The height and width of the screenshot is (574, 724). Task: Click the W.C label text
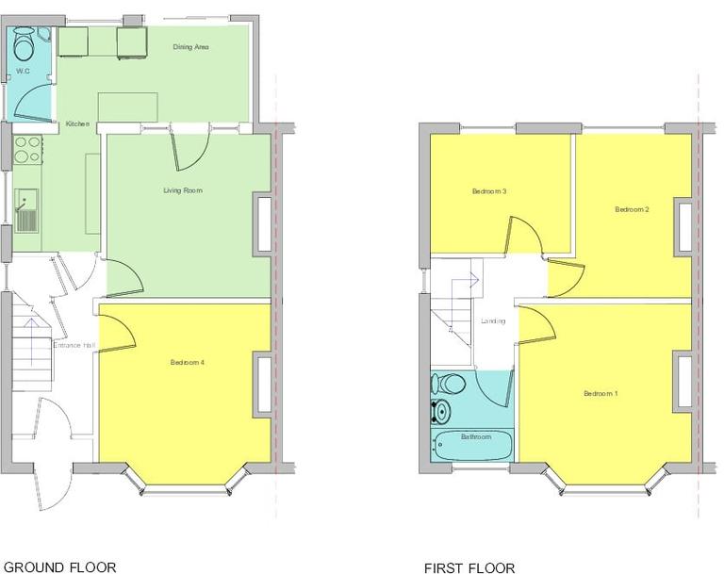tap(24, 70)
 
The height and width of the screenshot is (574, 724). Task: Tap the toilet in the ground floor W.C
tap(23, 41)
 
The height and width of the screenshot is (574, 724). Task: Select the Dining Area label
tap(190, 46)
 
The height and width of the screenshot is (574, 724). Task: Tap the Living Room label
tap(182, 190)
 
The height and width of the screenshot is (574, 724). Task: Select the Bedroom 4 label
tap(188, 363)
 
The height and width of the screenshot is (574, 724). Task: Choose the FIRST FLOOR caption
tap(469, 567)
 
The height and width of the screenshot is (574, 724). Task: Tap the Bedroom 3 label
tap(489, 191)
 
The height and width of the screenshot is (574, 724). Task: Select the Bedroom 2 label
tap(633, 209)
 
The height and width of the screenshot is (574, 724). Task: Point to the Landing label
tap(492, 321)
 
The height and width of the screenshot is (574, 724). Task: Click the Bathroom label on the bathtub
tap(475, 437)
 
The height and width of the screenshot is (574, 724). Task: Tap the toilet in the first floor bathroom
tap(449, 383)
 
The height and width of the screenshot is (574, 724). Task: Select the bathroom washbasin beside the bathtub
tap(439, 412)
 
